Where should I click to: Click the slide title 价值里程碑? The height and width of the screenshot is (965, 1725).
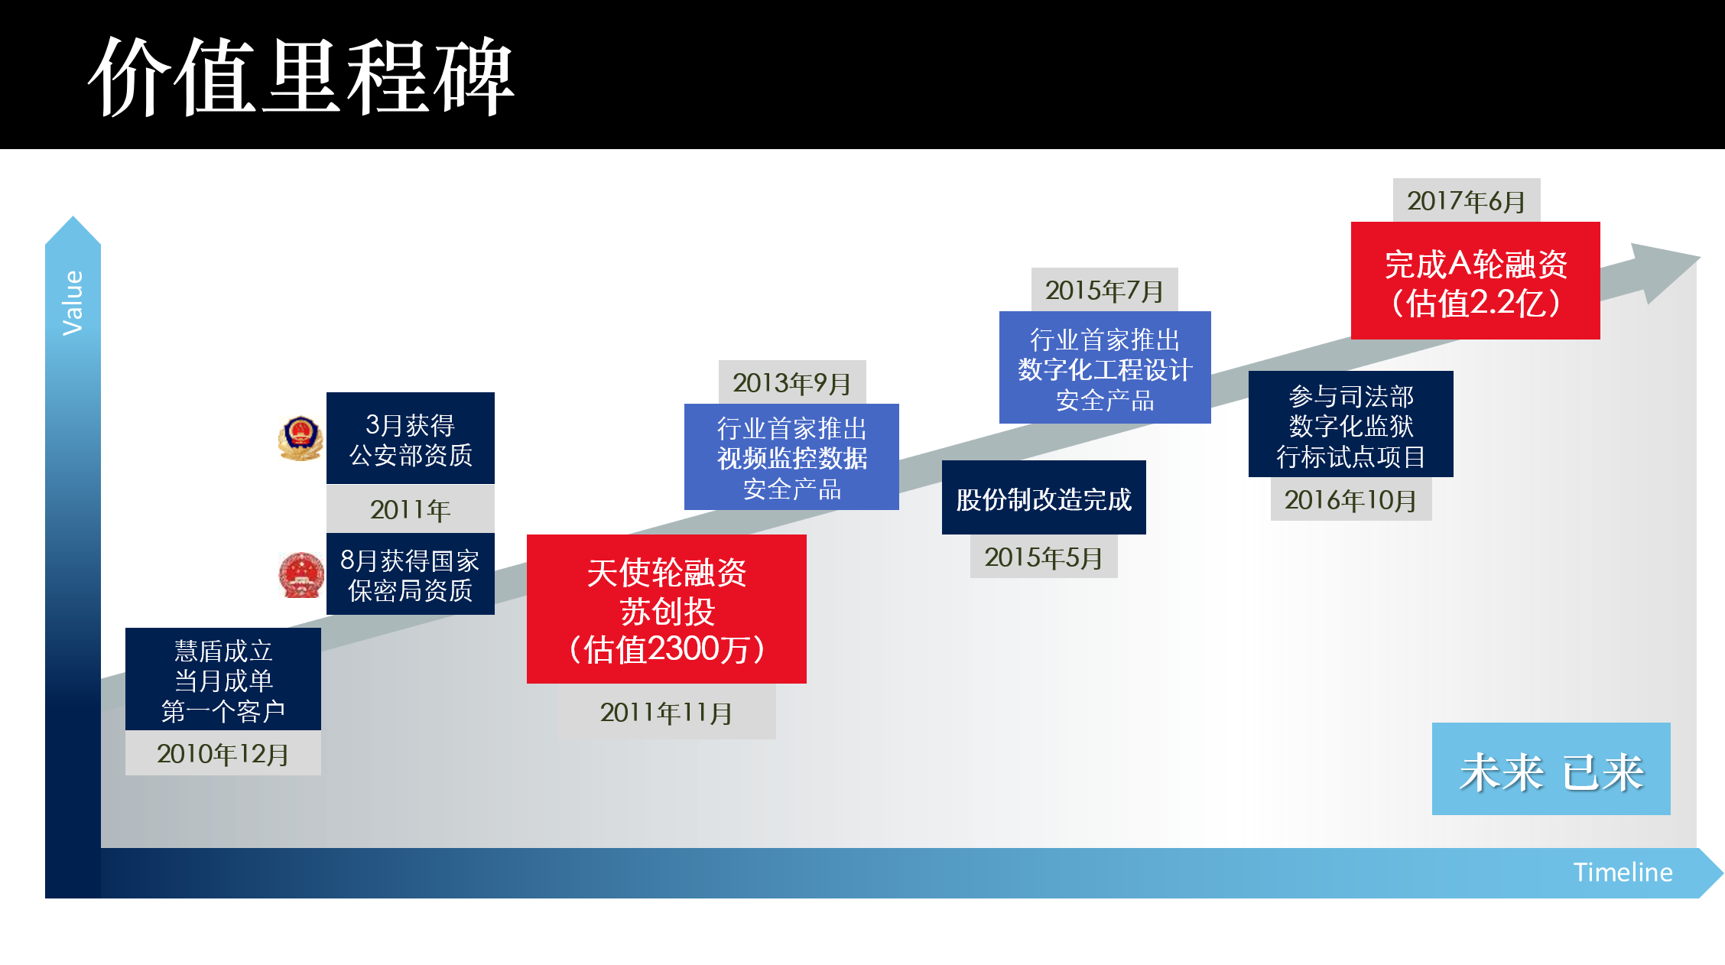pos(301,76)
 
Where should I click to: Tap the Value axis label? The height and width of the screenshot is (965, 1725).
pos(73,303)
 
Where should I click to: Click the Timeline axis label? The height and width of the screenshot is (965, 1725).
pos(1623,872)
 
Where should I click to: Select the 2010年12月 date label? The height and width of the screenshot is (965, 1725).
pos(223,753)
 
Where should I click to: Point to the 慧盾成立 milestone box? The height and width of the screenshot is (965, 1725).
pos(223,679)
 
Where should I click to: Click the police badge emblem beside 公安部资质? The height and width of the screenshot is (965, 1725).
pos(300,438)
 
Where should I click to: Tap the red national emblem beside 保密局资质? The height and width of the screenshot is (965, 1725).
pos(301,574)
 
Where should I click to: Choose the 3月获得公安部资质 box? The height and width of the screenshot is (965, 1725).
pos(411,438)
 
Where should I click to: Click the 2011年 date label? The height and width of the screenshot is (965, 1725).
pos(411,509)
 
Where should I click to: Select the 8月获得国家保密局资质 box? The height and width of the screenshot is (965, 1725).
pos(411,574)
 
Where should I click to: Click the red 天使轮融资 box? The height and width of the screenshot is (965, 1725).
pos(667,609)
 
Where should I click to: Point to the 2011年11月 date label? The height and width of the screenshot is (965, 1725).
pos(667,712)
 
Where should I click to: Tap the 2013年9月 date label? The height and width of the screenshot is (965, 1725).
pos(792,382)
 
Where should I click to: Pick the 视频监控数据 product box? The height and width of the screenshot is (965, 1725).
pos(791,457)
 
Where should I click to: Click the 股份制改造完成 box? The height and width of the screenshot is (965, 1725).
pos(1044,498)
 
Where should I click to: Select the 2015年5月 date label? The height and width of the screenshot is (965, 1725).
pos(1044,557)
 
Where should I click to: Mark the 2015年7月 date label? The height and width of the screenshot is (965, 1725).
pos(1105,290)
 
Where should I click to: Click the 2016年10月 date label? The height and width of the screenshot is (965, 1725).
pos(1351,499)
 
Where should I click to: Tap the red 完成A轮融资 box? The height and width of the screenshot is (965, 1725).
pos(1476,281)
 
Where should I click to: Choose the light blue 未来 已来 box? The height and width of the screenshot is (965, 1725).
pos(1551,769)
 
